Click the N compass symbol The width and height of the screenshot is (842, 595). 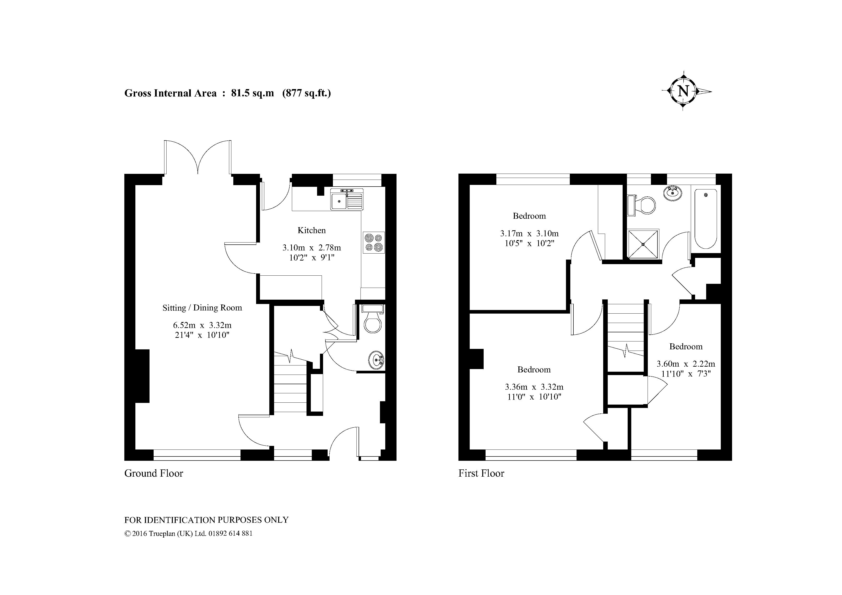(683, 91)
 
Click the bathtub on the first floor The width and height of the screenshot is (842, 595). (706, 219)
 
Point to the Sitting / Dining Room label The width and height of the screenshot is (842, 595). (202, 308)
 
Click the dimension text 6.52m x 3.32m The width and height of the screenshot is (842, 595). (202, 325)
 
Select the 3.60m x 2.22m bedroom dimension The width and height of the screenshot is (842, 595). (686, 364)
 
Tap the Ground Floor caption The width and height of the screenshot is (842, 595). (154, 473)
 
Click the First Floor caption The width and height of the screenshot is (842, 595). (481, 473)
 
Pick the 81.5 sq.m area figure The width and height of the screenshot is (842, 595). (252, 93)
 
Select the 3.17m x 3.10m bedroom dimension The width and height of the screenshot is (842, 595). (529, 233)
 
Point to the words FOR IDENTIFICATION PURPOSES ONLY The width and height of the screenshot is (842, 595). (206, 520)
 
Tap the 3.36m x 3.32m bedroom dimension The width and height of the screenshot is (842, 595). (534, 387)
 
